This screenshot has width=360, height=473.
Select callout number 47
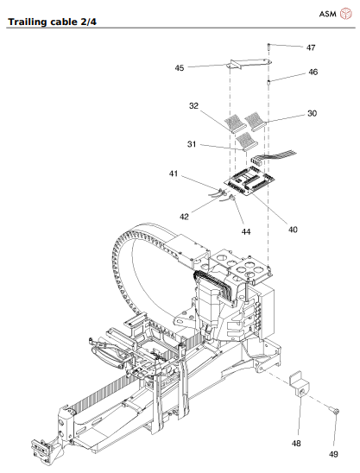click(x=311, y=47)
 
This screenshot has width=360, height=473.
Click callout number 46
click(x=313, y=73)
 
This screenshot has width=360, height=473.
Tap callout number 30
click(x=313, y=112)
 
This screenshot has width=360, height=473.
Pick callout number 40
click(x=293, y=230)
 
